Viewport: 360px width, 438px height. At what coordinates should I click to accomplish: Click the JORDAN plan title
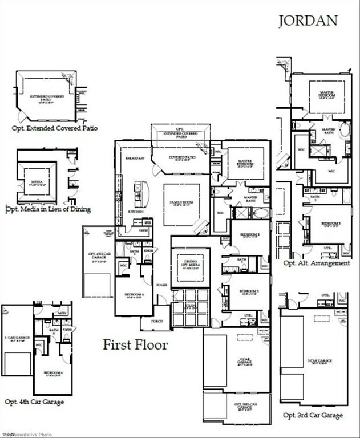click(x=308, y=21)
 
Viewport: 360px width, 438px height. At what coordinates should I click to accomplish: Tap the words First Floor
click(x=135, y=344)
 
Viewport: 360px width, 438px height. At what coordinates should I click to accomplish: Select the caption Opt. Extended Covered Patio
click(x=55, y=128)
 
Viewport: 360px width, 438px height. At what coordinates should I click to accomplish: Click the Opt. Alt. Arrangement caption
click(x=317, y=263)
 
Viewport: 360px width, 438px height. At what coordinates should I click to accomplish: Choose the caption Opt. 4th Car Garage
click(x=34, y=402)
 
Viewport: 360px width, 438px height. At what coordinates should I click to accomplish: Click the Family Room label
click(x=181, y=204)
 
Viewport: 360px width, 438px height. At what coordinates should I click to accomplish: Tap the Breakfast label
click(x=133, y=158)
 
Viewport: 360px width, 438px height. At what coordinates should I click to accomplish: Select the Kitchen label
click(x=135, y=211)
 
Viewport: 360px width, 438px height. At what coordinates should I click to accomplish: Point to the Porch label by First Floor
click(x=157, y=321)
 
